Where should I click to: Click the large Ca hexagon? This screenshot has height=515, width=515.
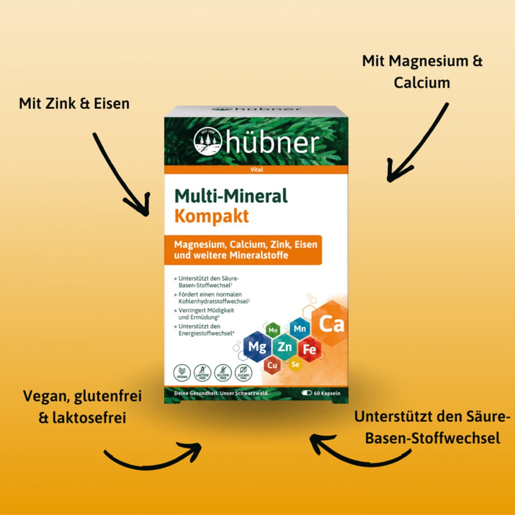pos(331,324)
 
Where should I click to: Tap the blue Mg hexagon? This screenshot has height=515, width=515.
pos(257,347)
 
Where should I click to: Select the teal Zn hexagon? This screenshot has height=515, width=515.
pos(285,347)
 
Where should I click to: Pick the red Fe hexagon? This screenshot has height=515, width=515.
pos(309,349)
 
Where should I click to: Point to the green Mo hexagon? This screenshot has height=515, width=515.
pos(273,330)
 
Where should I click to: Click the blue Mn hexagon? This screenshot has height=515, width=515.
pos(299,329)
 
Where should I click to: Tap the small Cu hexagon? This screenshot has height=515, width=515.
pos(272,366)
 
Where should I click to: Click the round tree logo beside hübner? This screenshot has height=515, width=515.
pos(208,142)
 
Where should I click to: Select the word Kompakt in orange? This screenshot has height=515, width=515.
pos(211,216)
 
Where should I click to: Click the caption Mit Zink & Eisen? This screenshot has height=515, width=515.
pos(74,103)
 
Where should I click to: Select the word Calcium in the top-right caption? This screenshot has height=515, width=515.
pos(422,82)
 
